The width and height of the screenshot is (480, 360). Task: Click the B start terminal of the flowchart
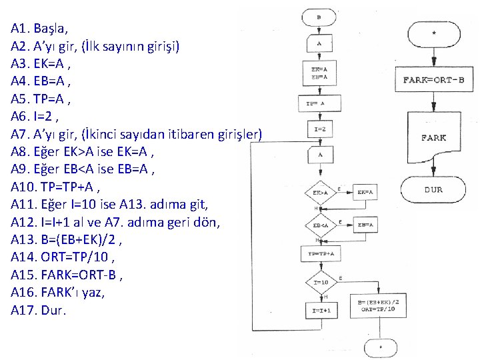point(319,17)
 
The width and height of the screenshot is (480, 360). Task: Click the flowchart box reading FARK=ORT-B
point(434,81)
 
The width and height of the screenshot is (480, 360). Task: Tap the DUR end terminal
point(434,189)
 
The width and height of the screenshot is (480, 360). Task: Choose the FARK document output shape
point(434,138)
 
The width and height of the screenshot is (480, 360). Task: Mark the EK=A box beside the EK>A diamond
point(365,192)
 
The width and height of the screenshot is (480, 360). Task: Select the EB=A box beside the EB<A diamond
point(365,225)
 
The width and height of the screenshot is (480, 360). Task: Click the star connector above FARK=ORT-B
point(434,33)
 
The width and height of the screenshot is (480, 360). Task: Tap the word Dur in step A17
point(53,311)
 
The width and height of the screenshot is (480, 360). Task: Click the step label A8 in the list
point(20,153)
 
